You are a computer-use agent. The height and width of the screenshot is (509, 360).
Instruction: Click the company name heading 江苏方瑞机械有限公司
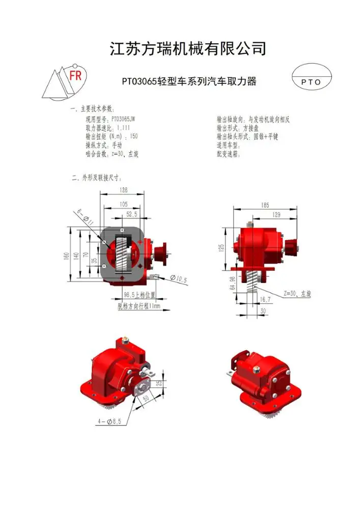pyautogui.click(x=188, y=49)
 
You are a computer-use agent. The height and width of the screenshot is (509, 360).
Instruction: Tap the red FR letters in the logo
pyautogui.click(x=75, y=76)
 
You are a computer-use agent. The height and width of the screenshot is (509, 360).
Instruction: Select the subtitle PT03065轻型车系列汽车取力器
pyautogui.click(x=188, y=81)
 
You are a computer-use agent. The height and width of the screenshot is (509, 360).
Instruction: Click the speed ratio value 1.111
pyautogui.click(x=124, y=128)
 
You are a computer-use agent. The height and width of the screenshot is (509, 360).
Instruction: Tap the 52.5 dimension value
pyautogui.click(x=132, y=214)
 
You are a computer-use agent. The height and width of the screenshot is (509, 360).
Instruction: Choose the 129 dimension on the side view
pyautogui.click(x=276, y=215)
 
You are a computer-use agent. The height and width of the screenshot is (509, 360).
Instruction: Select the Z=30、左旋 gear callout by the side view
pyautogui.click(x=297, y=294)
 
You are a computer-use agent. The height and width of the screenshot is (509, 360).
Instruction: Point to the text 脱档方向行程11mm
pyautogui.click(x=139, y=306)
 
